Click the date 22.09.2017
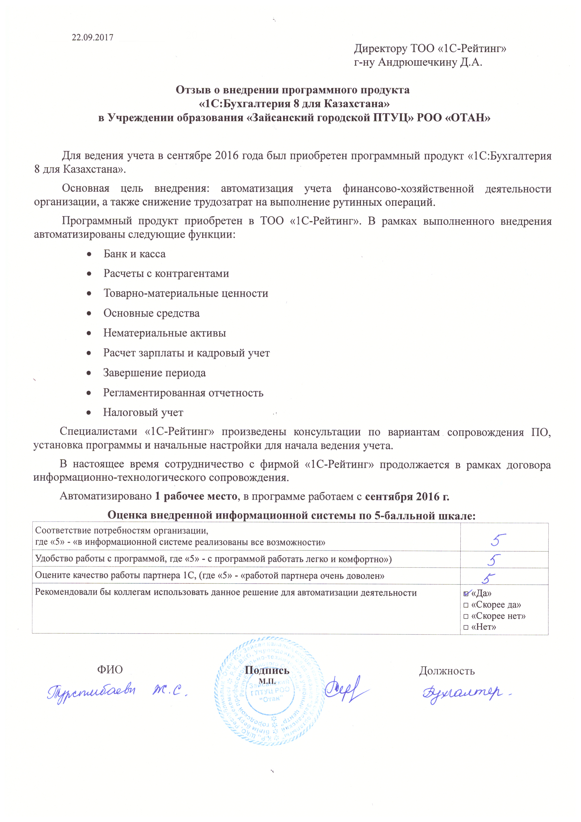pos(93,38)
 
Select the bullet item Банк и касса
pos(134,254)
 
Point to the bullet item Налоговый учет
pos(143,413)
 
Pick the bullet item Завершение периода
pos(155,373)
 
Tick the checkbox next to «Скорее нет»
pos(466,616)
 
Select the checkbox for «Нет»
pos(466,628)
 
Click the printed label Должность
pos(447,671)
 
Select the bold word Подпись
pos(267,670)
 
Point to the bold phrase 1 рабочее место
pos(196,497)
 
